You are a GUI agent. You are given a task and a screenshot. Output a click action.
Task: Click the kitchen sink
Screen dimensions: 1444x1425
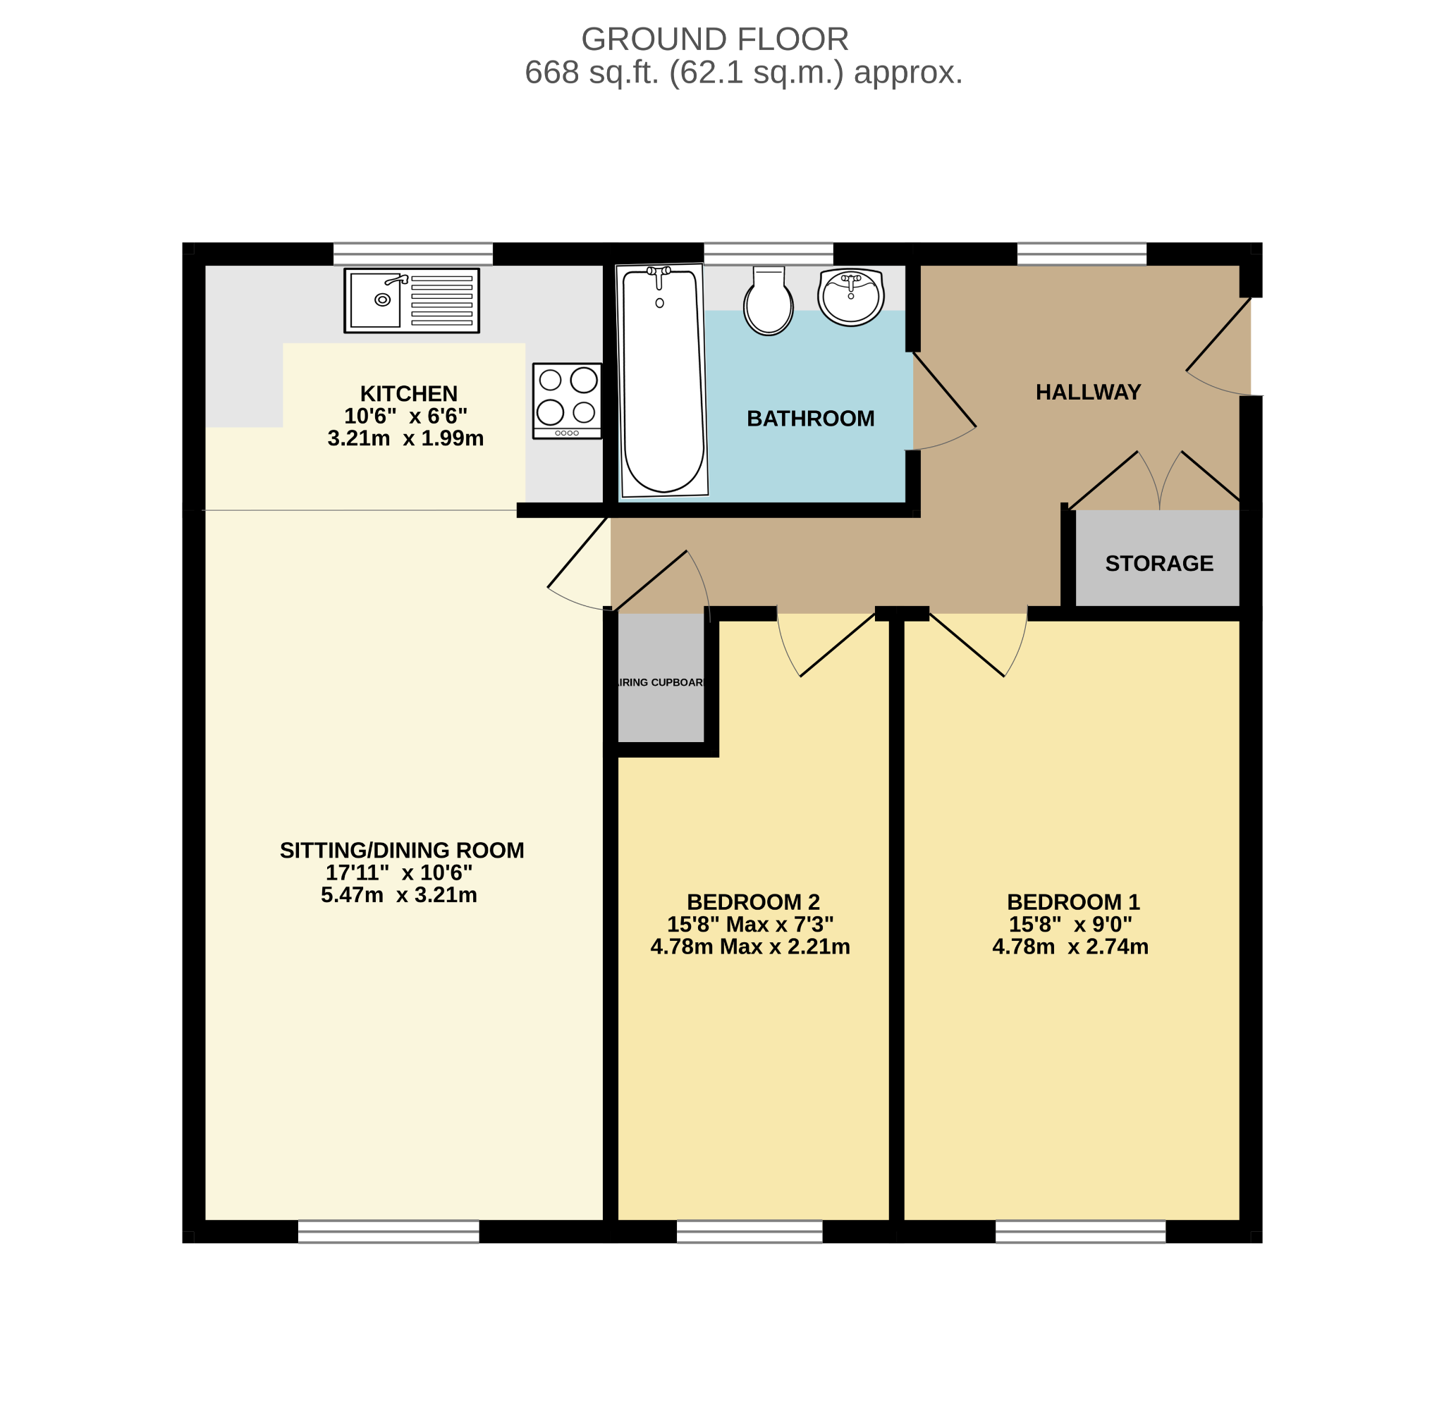point(412,300)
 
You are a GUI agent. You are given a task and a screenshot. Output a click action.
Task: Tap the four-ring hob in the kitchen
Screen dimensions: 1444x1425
point(568,401)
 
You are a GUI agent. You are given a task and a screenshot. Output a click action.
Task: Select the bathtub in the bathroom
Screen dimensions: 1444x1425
point(662,381)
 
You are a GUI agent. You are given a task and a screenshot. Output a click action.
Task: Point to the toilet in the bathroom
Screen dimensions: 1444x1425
point(769,300)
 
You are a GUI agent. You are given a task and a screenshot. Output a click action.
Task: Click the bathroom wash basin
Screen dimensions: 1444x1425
point(850,297)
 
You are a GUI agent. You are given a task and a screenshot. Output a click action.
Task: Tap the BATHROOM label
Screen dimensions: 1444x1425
point(810,419)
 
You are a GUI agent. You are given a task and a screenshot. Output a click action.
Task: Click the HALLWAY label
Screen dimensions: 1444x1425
point(1088,393)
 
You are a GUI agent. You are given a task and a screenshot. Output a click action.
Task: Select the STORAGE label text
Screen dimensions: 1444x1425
point(1159,563)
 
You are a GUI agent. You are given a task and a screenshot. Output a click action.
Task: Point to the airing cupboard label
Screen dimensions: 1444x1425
point(661,682)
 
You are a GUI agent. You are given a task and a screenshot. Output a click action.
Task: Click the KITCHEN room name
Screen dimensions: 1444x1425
point(409,394)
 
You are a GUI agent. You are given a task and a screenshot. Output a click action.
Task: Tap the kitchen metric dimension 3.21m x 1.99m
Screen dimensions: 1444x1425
point(406,438)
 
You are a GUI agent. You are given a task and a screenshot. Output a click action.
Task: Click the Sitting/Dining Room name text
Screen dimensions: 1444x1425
point(402,851)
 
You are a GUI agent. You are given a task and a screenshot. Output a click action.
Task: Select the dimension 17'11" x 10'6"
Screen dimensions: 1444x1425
point(399,872)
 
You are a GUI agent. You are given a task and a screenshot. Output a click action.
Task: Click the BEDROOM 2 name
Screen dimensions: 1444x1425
point(754,902)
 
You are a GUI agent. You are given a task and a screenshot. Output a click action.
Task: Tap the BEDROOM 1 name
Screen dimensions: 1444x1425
point(1073,902)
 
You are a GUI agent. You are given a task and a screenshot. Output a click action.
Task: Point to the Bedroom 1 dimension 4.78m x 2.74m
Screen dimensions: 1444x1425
point(1070,946)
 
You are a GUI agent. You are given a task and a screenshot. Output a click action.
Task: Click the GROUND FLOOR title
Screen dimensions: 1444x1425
point(714,39)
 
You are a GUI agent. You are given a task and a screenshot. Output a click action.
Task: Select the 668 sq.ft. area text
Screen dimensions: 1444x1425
point(592,73)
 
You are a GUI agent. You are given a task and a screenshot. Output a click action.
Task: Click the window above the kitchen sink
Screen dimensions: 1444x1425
point(412,254)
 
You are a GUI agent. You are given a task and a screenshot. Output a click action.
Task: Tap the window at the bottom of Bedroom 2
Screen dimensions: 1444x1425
point(749,1231)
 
